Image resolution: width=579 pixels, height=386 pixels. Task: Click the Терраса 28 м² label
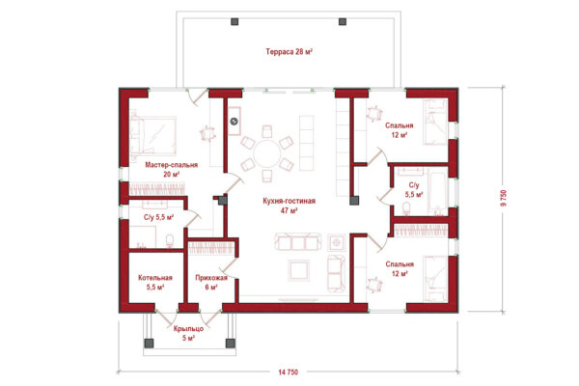click(x=289, y=52)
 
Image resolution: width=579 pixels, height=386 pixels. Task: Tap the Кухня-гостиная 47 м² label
click(x=289, y=206)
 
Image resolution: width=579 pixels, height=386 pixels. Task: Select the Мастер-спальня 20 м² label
click(x=172, y=170)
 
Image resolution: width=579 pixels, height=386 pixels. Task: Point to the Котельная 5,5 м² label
click(x=155, y=282)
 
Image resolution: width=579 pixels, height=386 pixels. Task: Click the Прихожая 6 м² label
click(x=211, y=282)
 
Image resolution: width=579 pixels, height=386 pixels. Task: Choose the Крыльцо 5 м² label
click(x=188, y=333)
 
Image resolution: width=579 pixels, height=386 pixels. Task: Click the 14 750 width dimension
click(x=288, y=372)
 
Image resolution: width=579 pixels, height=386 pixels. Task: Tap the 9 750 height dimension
click(x=504, y=199)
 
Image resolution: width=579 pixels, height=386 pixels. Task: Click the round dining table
click(x=267, y=153)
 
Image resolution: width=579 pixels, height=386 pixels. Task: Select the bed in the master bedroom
click(x=152, y=135)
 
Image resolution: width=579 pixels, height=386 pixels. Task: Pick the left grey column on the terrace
click(x=234, y=21)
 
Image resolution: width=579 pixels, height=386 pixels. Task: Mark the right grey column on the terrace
click(x=343, y=21)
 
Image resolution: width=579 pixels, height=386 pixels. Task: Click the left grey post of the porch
click(x=149, y=344)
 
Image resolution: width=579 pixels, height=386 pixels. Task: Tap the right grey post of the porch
click(x=231, y=344)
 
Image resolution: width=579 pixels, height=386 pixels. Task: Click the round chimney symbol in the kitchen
click(x=234, y=122)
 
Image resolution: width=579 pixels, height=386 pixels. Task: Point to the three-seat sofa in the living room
click(x=298, y=242)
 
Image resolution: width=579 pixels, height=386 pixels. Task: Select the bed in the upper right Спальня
click(x=435, y=122)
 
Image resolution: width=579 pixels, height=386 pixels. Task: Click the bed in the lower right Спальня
click(x=435, y=279)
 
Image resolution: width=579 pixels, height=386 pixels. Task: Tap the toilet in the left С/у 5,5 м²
click(x=170, y=241)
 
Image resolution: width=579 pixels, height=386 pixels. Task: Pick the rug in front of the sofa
click(x=299, y=270)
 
